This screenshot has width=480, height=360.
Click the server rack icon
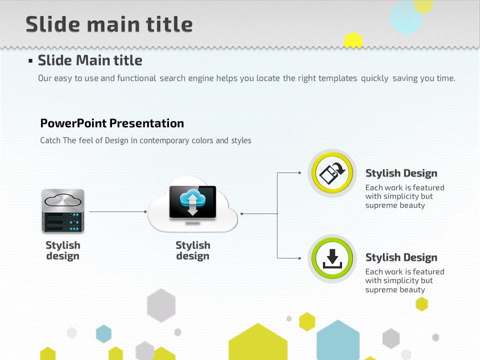pos(63,210)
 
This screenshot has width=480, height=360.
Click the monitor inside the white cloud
pos(193,204)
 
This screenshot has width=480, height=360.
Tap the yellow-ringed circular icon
pos(332,173)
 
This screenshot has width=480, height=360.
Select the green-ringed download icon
pos(332,258)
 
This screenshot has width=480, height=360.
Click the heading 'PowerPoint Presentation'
pos(112,123)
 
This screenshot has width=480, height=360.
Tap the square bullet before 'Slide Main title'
pos(30,61)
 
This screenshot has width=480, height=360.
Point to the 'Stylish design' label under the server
pos(63,250)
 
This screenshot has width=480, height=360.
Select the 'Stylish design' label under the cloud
pos(193,250)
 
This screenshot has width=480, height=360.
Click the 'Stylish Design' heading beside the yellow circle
pos(401,173)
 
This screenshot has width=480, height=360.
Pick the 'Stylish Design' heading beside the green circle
pos(401,257)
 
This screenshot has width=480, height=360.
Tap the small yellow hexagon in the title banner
pos(353,40)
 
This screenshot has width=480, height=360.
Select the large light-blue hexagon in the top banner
pos(406,17)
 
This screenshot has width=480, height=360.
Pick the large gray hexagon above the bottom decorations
pos(161,305)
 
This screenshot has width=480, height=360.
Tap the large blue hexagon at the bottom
pos(338,340)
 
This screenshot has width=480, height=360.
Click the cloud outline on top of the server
pos(63,200)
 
